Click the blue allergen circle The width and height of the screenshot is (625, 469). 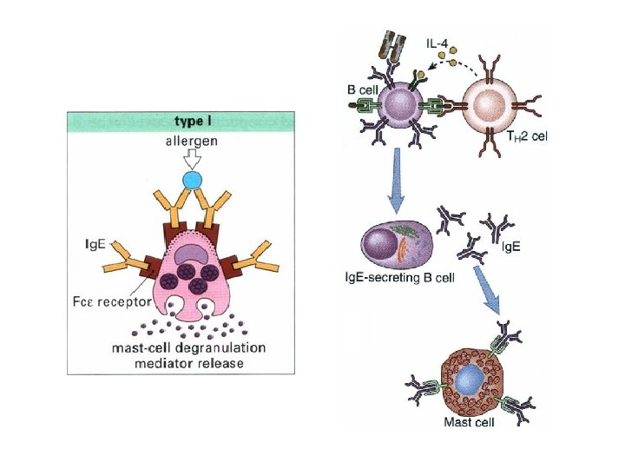tap(191, 182)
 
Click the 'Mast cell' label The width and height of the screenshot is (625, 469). tap(469, 423)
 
